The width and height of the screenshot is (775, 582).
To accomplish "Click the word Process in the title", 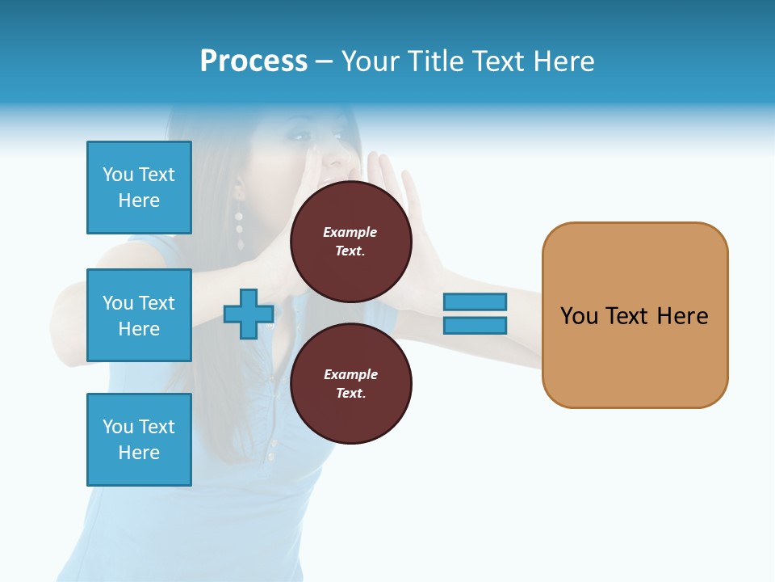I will tap(253, 61).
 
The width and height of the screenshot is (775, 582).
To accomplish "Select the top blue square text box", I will tap(139, 188).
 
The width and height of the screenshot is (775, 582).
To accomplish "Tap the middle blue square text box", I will tap(139, 315).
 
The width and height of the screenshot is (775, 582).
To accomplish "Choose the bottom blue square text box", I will tap(139, 440).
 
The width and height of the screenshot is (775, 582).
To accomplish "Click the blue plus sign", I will tap(249, 314).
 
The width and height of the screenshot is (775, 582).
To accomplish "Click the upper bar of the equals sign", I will tap(475, 302).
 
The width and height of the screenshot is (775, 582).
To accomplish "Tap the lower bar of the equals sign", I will tap(475, 326).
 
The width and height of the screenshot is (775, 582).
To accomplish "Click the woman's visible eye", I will tap(300, 137).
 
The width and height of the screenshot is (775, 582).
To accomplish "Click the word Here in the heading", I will tap(563, 61).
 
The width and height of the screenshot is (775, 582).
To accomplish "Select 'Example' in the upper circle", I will tap(350, 232).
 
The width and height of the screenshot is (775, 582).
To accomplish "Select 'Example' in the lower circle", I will tap(350, 374).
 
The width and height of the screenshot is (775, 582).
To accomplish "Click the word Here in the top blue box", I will tap(139, 200).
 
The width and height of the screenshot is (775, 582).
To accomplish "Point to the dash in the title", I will tap(325, 62).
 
